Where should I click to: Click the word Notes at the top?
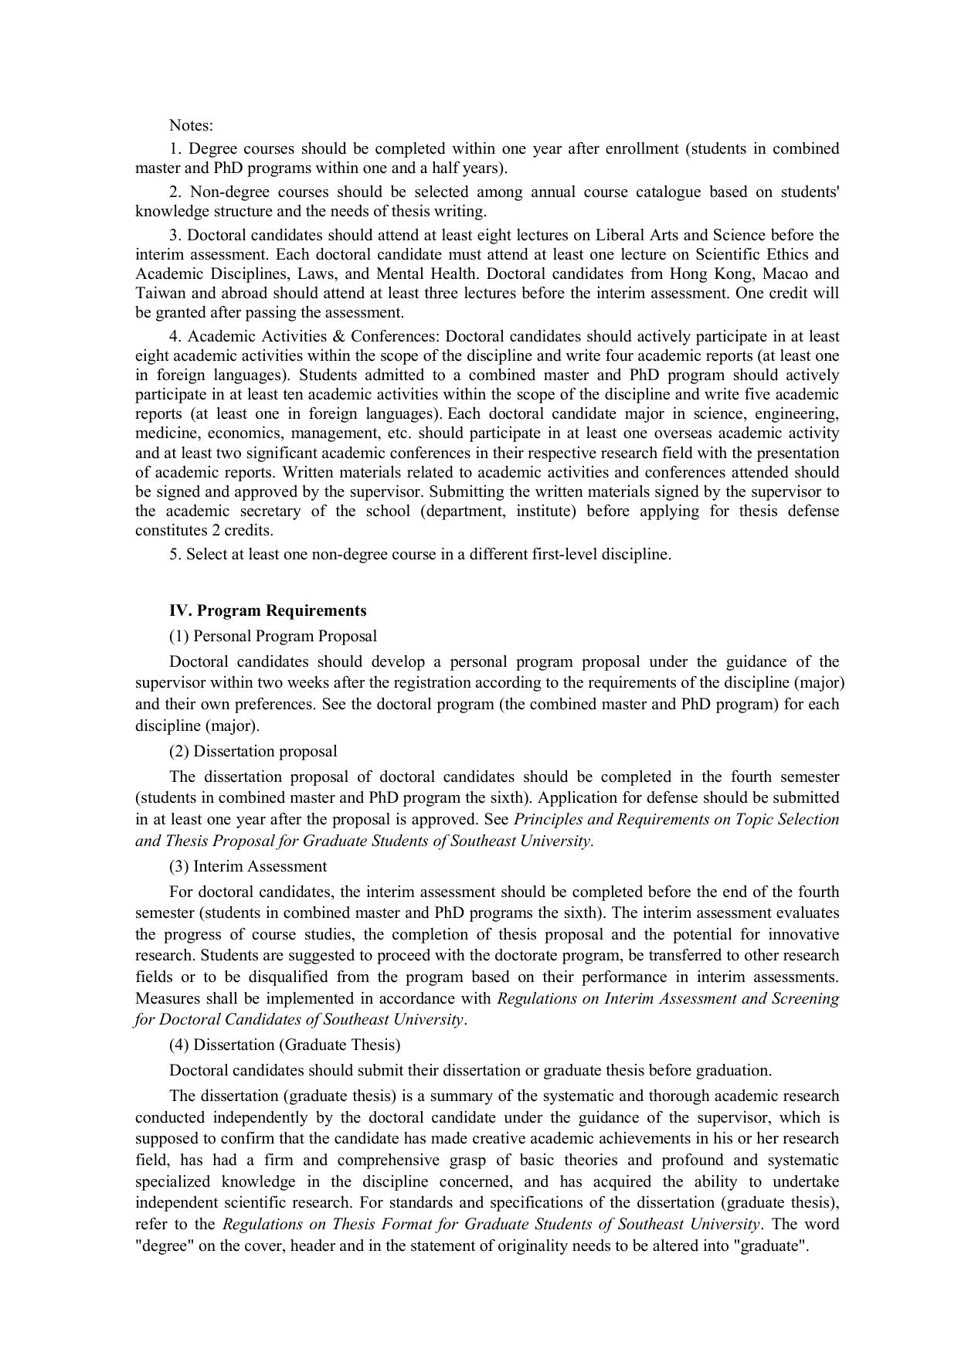click(191, 125)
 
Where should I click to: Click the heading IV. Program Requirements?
click(267, 610)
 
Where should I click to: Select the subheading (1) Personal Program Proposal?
click(273, 636)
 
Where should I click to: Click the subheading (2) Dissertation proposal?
click(253, 751)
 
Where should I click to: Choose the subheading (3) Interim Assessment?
click(247, 866)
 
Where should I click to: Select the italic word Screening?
click(805, 998)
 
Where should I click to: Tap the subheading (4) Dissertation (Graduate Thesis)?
click(284, 1045)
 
